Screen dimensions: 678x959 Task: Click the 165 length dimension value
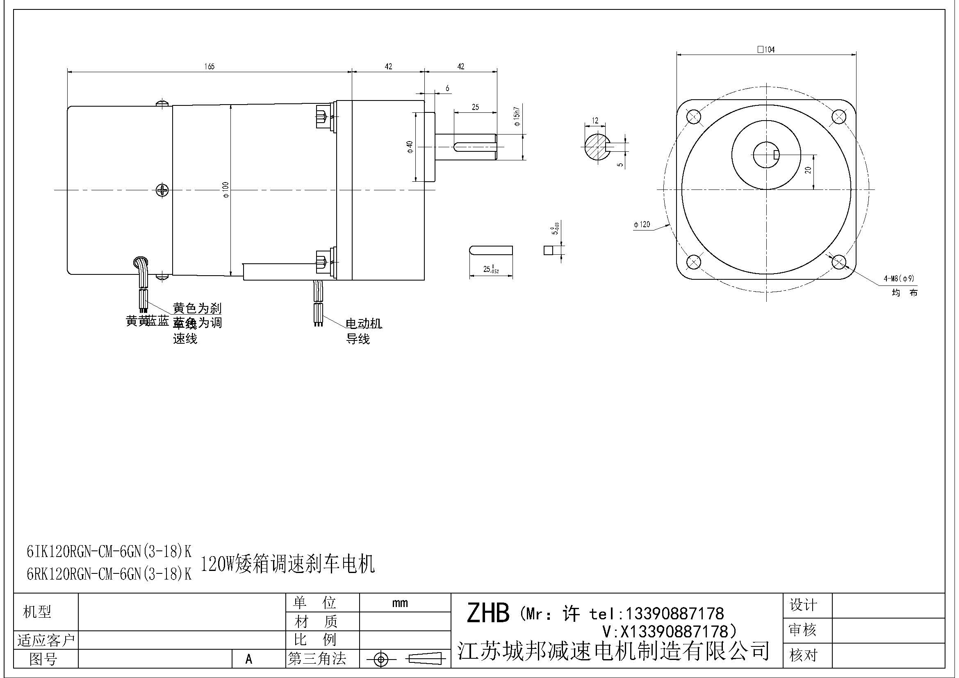click(x=209, y=66)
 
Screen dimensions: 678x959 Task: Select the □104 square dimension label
click(x=766, y=50)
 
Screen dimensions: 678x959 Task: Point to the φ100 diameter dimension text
click(x=226, y=189)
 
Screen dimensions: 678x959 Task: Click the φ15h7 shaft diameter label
click(x=517, y=116)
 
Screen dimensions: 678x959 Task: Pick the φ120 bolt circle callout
click(x=642, y=225)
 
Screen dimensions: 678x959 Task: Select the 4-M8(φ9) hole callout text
click(x=899, y=278)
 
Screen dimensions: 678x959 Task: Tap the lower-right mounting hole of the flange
click(x=839, y=263)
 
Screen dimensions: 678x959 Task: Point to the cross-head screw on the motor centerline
click(x=162, y=190)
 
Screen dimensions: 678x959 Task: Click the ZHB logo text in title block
click(x=488, y=613)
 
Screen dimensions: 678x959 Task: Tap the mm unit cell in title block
click(x=400, y=603)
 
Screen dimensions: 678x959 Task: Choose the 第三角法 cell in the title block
click(x=317, y=659)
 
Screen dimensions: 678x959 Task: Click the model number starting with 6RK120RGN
click(x=109, y=575)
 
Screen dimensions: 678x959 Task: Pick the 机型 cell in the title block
click(x=37, y=612)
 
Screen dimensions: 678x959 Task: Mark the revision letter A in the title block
click(x=249, y=659)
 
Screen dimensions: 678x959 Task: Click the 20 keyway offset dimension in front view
click(x=809, y=170)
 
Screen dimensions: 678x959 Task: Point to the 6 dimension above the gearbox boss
click(x=447, y=88)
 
